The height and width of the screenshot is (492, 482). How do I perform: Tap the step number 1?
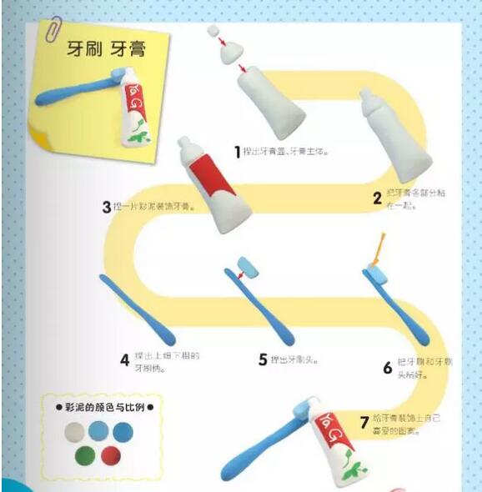pyautogui.click(x=237, y=152)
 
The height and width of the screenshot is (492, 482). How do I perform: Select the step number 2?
pyautogui.click(x=377, y=198)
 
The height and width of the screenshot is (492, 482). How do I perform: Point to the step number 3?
pyautogui.click(x=107, y=206)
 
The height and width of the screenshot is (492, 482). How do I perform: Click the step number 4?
pyautogui.click(x=124, y=360)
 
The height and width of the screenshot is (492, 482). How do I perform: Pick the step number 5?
pyautogui.click(x=263, y=360)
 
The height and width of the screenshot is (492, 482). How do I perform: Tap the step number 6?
pyautogui.click(x=387, y=368)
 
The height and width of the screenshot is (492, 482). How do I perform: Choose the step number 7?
pyautogui.click(x=364, y=422)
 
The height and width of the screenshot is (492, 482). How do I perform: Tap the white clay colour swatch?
pyautogui.click(x=73, y=432)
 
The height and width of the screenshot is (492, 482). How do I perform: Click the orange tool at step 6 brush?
pyautogui.click(x=380, y=248)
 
